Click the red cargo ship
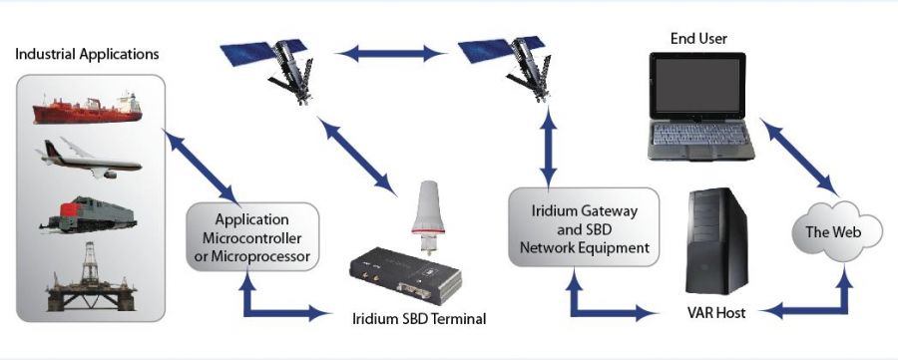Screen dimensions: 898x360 [x=87, y=109]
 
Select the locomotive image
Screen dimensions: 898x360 [x=88, y=214]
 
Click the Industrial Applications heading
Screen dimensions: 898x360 [x=87, y=55]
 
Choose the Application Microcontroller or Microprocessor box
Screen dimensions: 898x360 [x=252, y=237]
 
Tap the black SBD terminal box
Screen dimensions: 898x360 [x=405, y=275]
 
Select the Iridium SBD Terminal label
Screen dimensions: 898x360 [x=419, y=318]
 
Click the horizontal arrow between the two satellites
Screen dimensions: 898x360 [x=392, y=54]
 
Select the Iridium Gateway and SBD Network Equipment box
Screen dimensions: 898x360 [x=584, y=227]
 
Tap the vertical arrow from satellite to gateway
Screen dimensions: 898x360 [x=549, y=148]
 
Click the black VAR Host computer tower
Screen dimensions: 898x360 [x=718, y=240]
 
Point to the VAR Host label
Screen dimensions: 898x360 [x=716, y=313]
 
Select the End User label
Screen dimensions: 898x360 [x=698, y=38]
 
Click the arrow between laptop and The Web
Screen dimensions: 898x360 [x=799, y=156]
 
